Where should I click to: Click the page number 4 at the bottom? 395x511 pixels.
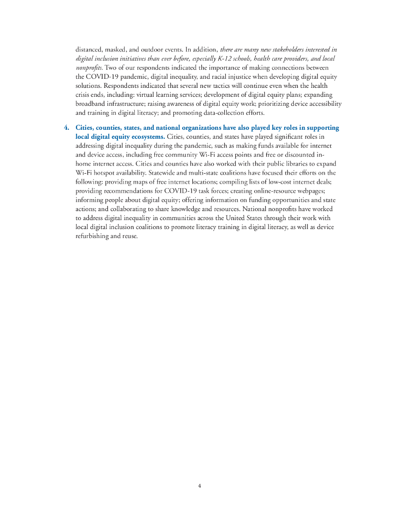point(199,486)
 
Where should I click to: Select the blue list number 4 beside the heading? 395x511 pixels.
point(66,128)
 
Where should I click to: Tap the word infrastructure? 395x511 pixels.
point(132,104)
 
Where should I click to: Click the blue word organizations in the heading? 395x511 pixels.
point(197,128)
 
